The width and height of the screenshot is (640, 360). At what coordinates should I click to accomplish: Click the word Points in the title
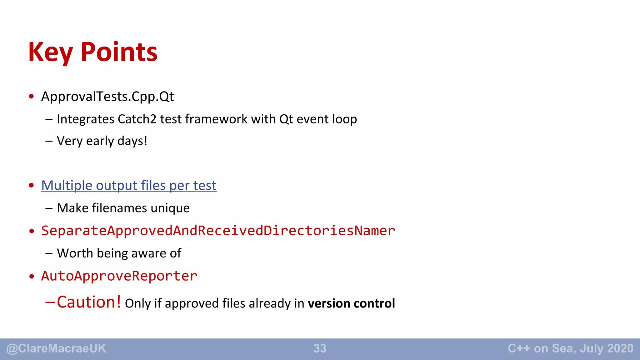click(x=119, y=52)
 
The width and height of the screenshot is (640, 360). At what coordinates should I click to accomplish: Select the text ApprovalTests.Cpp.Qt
click(x=107, y=97)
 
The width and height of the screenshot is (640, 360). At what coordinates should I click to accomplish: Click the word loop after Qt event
click(x=344, y=119)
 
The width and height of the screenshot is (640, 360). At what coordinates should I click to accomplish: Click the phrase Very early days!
click(x=102, y=141)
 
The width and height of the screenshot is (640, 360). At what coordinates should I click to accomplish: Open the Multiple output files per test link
click(x=128, y=186)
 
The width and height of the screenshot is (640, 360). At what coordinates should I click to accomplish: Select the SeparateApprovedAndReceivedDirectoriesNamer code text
click(x=218, y=231)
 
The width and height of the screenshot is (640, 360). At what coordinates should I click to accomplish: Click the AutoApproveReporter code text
click(x=119, y=276)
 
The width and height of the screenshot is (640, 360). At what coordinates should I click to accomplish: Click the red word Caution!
click(x=89, y=302)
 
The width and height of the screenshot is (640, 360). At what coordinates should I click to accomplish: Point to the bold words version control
click(x=351, y=304)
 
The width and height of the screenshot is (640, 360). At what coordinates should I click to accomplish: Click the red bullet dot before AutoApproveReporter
click(x=31, y=277)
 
